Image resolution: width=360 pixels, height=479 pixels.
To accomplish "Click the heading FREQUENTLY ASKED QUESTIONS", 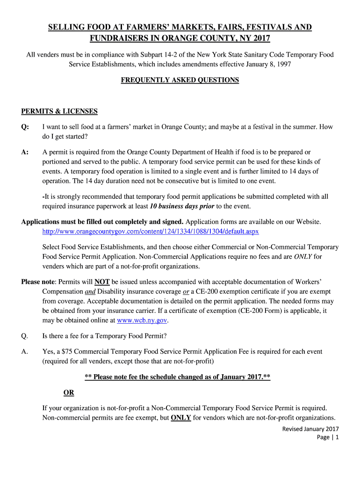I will pos(180,80).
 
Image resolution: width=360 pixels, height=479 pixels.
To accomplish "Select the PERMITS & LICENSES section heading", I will pos(59,111).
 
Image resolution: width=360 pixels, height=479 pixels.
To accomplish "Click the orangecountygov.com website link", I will pos(151,232).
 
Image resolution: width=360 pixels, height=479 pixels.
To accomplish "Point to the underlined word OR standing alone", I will pos(68,392).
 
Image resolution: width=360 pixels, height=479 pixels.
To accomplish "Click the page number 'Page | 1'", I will pos(327,437).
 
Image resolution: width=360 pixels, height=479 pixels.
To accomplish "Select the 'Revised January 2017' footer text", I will pos(310,429).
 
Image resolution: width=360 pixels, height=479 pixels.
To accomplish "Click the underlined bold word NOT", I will pos(102,282).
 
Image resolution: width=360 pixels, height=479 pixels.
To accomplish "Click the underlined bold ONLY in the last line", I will pos(181,418).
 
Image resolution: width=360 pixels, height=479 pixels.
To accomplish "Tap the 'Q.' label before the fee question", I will pos(25,335).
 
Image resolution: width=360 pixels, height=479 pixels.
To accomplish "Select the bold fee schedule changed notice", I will pos(177,377).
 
